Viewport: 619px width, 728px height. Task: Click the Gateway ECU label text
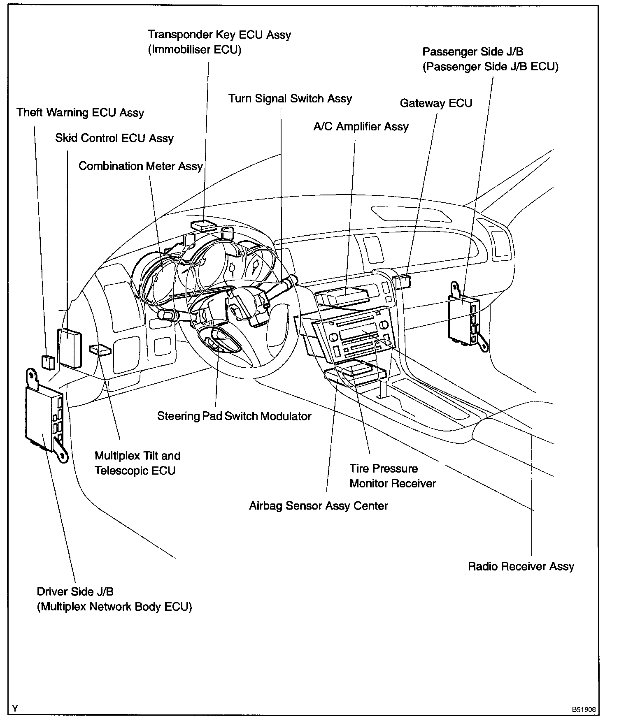(436, 103)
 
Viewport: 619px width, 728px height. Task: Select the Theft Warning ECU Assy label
(80, 113)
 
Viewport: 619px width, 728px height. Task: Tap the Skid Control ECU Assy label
(114, 138)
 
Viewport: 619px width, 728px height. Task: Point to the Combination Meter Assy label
(140, 166)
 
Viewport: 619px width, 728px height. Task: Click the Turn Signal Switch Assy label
(290, 99)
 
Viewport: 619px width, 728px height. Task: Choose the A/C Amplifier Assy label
(361, 126)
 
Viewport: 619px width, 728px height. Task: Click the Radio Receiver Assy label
(521, 566)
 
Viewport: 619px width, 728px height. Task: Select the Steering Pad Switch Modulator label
(234, 416)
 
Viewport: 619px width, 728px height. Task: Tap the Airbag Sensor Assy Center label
(318, 505)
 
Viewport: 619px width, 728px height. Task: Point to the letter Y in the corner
(15, 708)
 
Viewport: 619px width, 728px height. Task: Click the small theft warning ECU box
(49, 362)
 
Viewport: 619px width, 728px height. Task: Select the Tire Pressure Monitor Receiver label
(392, 476)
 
